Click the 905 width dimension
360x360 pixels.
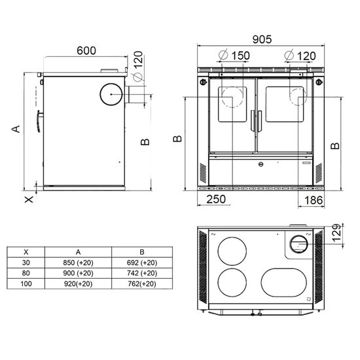tap(262, 39)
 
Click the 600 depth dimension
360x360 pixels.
tap(86, 51)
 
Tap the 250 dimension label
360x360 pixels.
tap(216, 199)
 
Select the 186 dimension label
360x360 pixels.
tap(314, 200)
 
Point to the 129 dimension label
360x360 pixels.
tap(337, 232)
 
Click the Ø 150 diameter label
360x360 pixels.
tap(234, 56)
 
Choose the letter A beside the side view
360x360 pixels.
tap(16, 129)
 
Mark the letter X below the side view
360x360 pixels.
tap(29, 200)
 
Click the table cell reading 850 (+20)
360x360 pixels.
tap(78, 262)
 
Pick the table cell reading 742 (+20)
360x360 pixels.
tap(142, 273)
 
